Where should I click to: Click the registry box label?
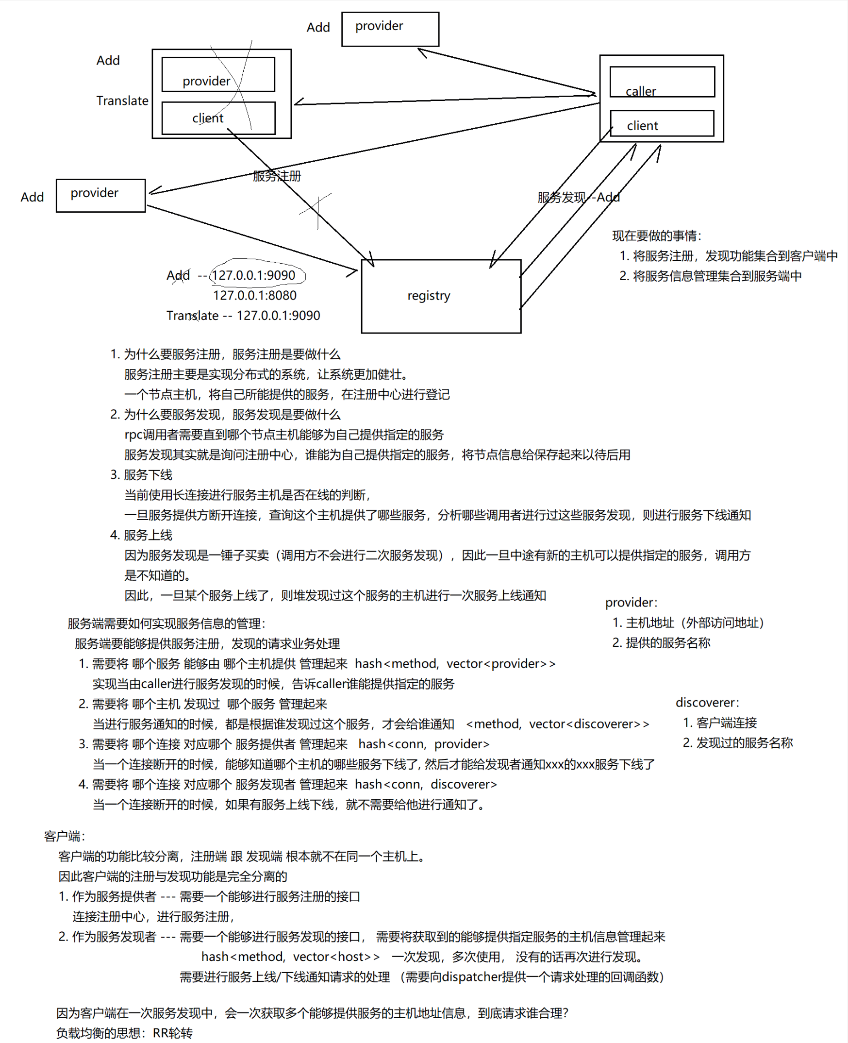[429, 296]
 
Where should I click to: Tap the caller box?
[662, 82]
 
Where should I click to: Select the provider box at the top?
[390, 29]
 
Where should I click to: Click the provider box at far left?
[100, 195]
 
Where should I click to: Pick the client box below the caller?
[662, 123]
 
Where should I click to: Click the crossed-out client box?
[218, 118]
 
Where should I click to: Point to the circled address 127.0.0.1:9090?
[254, 275]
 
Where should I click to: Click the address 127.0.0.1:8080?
[254, 295]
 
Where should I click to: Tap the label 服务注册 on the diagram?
[277, 176]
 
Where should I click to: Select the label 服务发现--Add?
[579, 197]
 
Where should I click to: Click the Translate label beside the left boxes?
[122, 101]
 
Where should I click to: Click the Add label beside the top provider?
[318, 27]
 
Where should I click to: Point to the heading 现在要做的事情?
[657, 236]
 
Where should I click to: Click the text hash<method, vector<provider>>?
[455, 663]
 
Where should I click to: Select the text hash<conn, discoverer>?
[426, 784]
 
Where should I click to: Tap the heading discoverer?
[707, 703]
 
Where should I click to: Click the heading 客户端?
[65, 836]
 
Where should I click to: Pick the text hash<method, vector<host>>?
[290, 957]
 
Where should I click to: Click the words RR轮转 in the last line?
[172, 1033]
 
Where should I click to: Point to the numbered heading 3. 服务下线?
[141, 475]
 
